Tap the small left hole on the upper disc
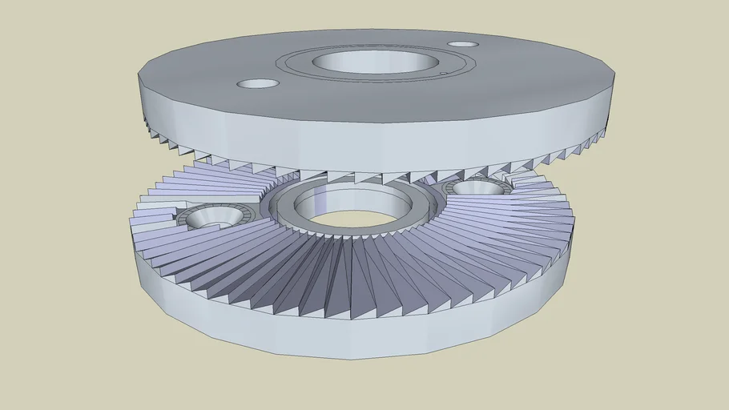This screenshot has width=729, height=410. click(x=258, y=83)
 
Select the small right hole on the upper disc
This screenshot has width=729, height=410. click(x=462, y=45)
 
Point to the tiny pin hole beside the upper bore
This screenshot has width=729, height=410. click(x=443, y=74)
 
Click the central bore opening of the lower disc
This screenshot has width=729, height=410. click(x=352, y=216)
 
